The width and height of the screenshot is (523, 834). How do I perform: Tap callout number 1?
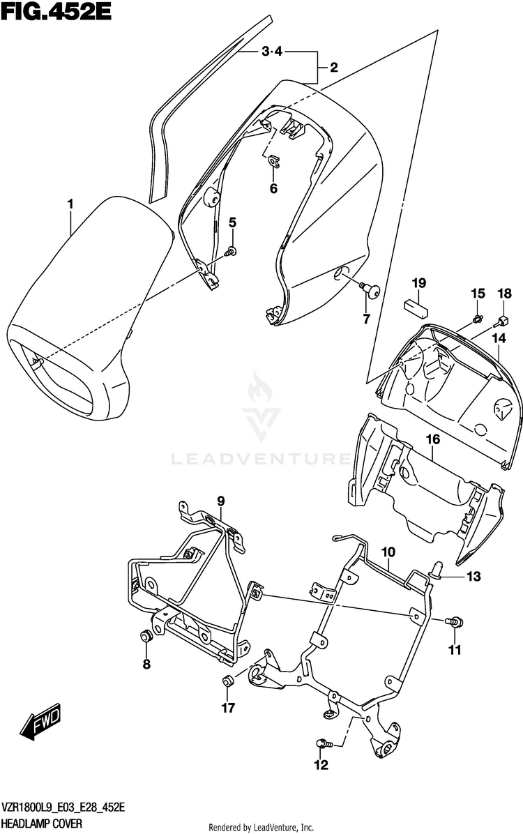[70, 203]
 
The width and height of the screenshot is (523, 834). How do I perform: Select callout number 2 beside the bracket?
[333, 68]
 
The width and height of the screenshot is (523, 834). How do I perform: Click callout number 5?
[232, 222]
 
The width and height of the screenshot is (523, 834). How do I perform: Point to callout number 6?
[273, 188]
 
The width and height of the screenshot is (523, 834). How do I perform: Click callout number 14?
[498, 338]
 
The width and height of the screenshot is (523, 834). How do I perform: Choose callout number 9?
[221, 501]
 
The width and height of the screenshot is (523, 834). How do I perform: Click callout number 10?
[388, 552]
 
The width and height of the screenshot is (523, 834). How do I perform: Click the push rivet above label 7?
[370, 287]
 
